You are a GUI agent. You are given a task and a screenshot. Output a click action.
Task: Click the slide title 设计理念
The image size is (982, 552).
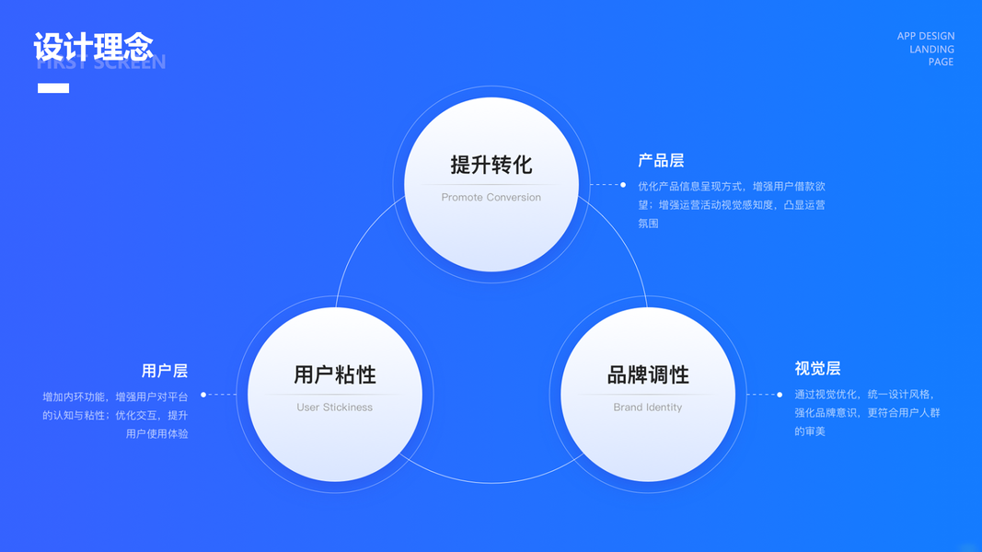[x=93, y=47]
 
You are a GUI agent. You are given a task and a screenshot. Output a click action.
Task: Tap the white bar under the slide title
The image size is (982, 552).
[x=53, y=88]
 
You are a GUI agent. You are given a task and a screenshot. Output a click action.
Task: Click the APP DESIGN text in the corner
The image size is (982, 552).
[x=925, y=37]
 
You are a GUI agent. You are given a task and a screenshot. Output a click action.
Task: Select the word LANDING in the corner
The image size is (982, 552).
[x=931, y=50]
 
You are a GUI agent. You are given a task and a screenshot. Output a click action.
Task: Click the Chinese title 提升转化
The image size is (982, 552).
[x=491, y=166]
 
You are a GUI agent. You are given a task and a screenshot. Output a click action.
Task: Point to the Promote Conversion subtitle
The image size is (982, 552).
[x=491, y=198]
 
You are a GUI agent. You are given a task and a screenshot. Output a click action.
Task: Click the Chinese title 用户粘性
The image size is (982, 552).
[x=335, y=375]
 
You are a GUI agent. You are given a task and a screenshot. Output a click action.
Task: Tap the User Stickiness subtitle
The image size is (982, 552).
[x=335, y=408]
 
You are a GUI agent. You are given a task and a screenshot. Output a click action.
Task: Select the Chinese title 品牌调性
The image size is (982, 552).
[x=648, y=375]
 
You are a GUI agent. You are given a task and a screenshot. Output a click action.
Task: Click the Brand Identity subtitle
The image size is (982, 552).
[x=648, y=408]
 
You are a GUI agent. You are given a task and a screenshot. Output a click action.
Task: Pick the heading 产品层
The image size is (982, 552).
[x=661, y=161]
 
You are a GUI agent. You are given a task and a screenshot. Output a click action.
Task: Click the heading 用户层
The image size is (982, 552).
[x=165, y=372]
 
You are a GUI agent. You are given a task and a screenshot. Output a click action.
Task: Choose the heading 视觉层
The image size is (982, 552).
[x=817, y=369]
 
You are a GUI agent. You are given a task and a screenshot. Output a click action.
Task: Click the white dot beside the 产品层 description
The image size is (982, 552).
[x=623, y=185]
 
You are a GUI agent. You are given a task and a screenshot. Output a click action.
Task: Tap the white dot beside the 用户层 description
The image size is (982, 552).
[x=203, y=395]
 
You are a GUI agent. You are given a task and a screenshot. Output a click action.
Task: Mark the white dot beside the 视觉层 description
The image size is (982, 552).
[x=780, y=395]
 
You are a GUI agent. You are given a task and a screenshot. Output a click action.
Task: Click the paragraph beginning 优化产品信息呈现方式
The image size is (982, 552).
[x=732, y=204]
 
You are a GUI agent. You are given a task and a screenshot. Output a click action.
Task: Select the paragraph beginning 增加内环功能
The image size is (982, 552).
[x=115, y=415]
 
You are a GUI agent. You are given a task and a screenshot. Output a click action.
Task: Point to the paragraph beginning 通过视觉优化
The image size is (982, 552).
[x=867, y=413]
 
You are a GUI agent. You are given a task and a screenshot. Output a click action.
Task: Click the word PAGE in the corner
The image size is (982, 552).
[x=941, y=63]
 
